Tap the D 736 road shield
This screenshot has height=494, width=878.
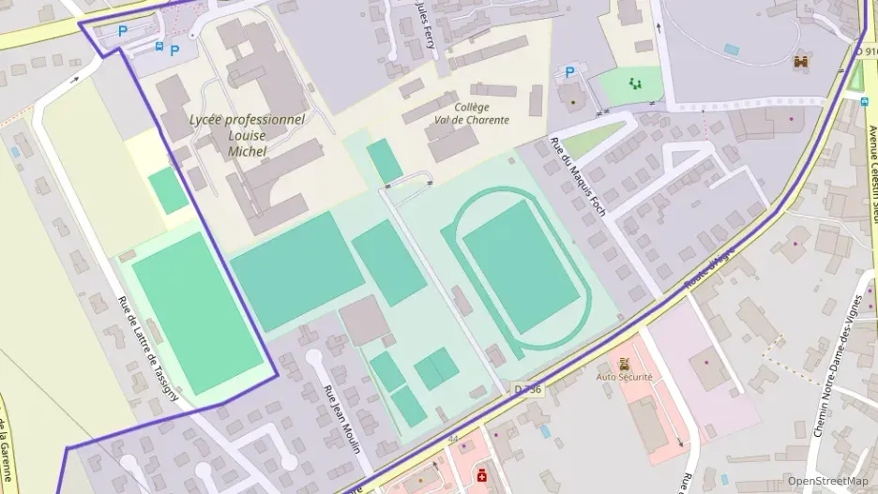pyautogui.click(x=527, y=388)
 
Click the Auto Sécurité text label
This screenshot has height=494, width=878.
pyautogui.click(x=624, y=377)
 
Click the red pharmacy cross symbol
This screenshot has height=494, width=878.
pyautogui.click(x=482, y=475)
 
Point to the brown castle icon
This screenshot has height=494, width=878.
pyautogui.click(x=801, y=62)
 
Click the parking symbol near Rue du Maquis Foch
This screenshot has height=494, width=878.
pyautogui.click(x=568, y=72)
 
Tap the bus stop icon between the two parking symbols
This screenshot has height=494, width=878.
pyautogui.click(x=159, y=46)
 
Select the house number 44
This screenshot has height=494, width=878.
pyautogui.click(x=453, y=439)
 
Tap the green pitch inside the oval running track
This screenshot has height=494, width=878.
pyautogui.click(x=522, y=267)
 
